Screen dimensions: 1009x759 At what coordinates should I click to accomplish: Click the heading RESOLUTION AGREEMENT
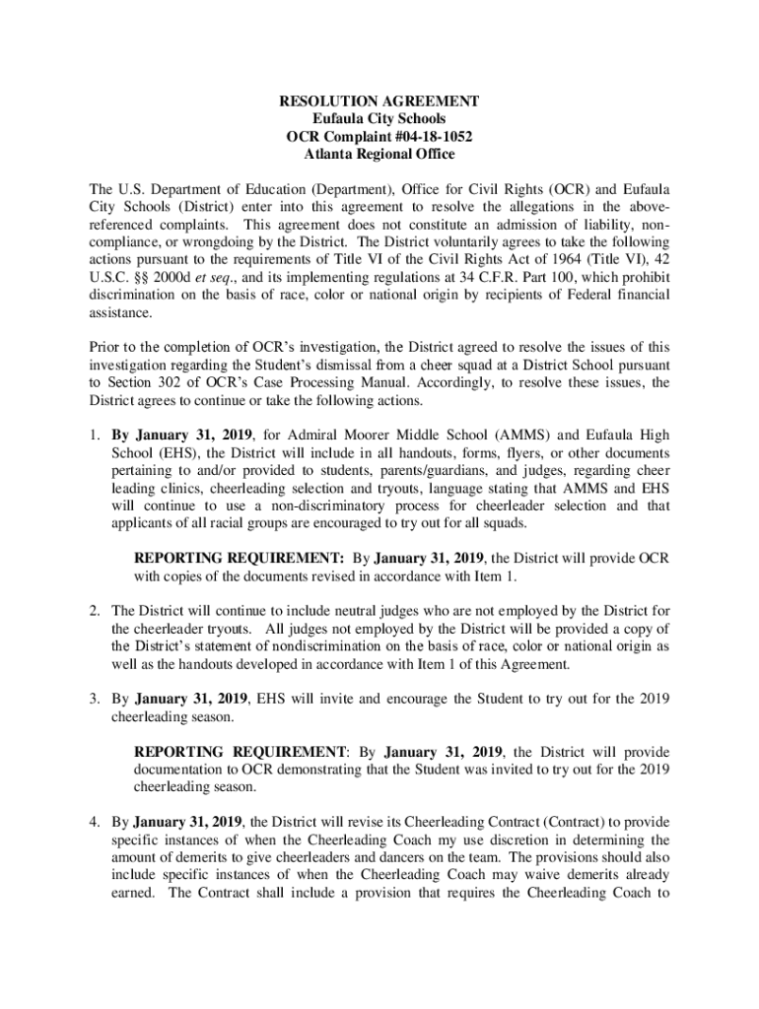pyautogui.click(x=379, y=101)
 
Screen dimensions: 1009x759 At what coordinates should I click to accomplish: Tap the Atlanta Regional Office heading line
pyautogui.click(x=379, y=155)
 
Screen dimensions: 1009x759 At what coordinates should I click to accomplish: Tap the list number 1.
pyautogui.click(x=94, y=435)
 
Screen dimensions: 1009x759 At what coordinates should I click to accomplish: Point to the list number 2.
pyautogui.click(x=94, y=611)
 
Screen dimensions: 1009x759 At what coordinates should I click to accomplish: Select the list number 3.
pyautogui.click(x=94, y=699)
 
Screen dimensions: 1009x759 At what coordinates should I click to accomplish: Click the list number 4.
pyautogui.click(x=94, y=823)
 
